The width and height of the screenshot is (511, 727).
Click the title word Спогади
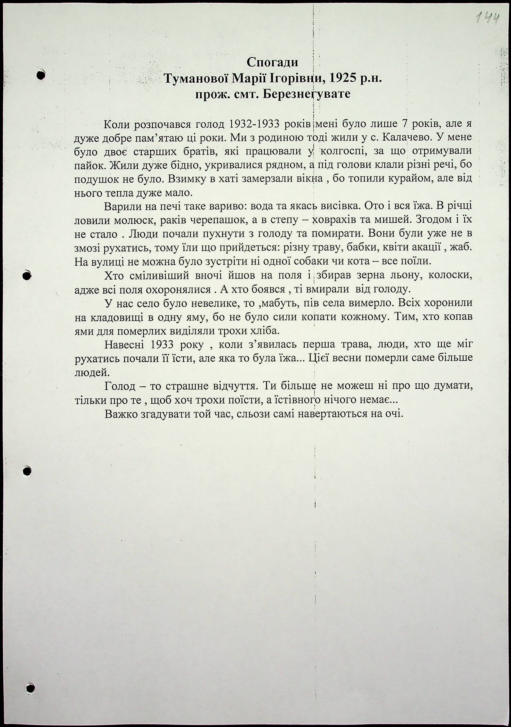[x=272, y=62]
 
